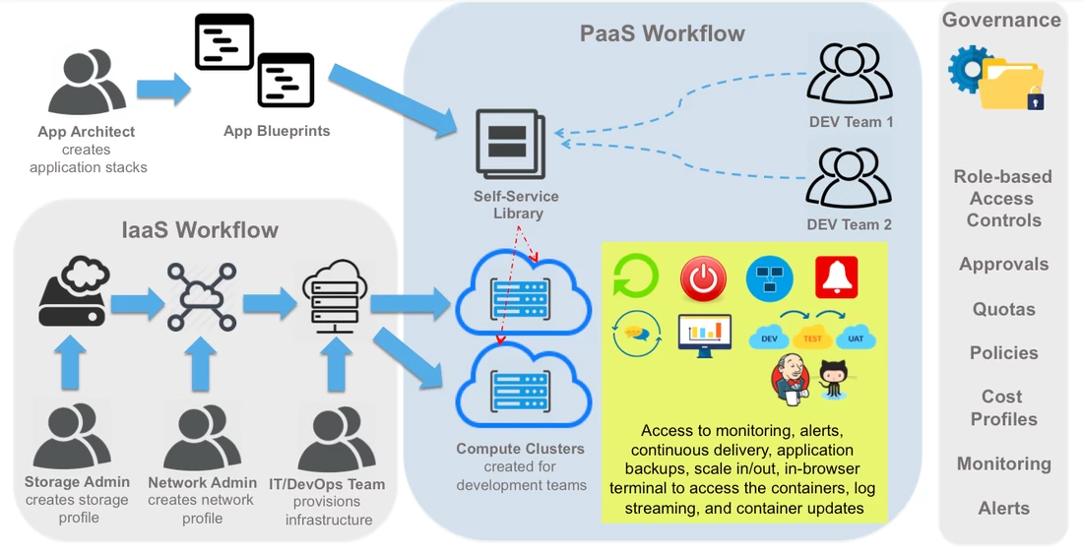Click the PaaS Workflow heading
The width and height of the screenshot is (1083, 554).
pos(662,33)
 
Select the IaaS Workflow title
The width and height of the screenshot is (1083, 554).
pos(200,229)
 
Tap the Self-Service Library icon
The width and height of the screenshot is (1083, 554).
pos(510,145)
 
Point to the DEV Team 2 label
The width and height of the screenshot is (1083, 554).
pos(849,224)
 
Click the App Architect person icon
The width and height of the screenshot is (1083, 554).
pos(87,82)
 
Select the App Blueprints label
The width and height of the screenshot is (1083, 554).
pos(277,131)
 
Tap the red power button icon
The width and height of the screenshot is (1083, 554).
pos(703,278)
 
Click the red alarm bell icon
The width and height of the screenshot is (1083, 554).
pos(837,277)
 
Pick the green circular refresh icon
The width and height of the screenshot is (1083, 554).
pos(635,277)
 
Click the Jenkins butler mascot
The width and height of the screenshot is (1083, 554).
pos(791,379)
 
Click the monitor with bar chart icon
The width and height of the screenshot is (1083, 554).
pos(705,336)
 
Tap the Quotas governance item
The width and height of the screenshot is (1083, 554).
pos(1003,309)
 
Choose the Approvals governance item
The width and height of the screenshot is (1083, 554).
pos(1003,265)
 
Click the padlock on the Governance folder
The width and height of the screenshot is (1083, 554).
pos(1035,100)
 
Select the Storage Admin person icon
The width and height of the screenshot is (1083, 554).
pos(71,437)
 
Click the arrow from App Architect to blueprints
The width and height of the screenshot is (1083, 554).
pos(163,89)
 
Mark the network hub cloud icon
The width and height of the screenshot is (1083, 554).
pos(202,296)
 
